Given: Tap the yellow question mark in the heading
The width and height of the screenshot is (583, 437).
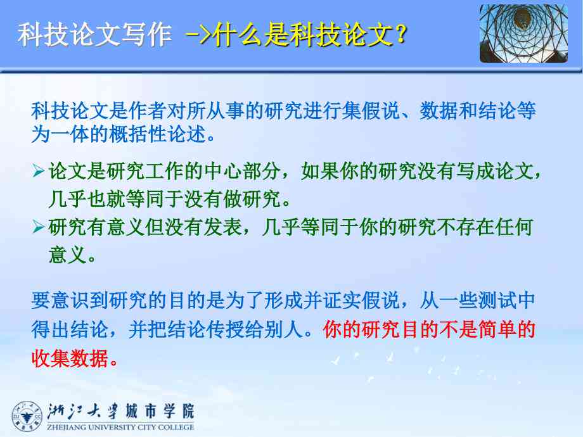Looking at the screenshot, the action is point(401,35).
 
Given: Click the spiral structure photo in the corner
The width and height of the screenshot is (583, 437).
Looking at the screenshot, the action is point(523,34).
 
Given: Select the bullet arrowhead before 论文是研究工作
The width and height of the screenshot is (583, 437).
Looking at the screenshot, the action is point(38,170).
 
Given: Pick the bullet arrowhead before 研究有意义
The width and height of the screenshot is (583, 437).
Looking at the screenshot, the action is point(38,226).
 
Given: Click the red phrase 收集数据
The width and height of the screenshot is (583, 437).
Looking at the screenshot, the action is point(70,358).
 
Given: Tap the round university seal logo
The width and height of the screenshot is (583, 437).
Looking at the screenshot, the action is point(27,417).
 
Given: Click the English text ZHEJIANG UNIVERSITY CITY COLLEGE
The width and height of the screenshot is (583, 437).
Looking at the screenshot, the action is point(120,427).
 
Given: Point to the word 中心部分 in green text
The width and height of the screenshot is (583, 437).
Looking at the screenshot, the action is point(243,171).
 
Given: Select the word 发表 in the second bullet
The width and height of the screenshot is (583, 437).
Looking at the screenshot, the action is point(223,227).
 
